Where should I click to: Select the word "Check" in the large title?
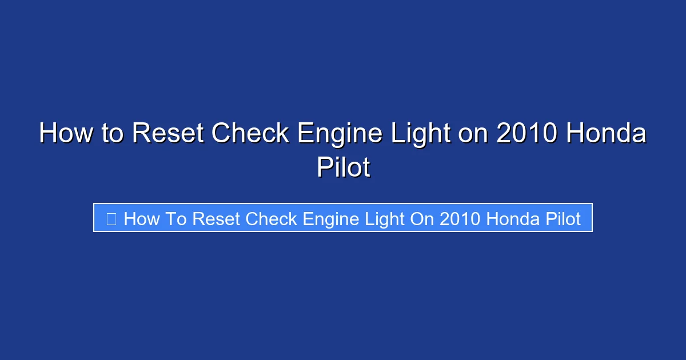click(250, 134)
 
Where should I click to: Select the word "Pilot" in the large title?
click(343, 168)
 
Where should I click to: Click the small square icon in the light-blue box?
click(111, 218)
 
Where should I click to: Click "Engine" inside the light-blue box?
click(330, 219)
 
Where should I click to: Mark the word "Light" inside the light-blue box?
click(385, 219)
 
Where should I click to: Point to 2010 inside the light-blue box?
click(460, 218)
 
